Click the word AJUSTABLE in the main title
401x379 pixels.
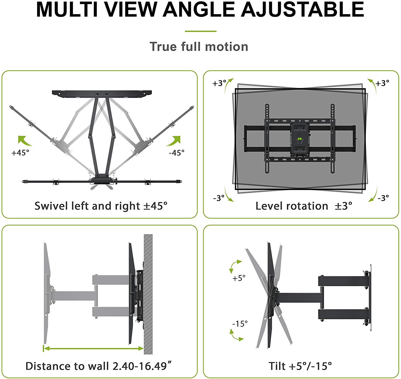(303, 10)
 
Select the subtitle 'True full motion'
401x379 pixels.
(199, 47)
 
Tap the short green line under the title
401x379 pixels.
(200, 31)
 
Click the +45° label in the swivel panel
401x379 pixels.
(20, 153)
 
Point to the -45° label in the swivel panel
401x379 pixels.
(177, 153)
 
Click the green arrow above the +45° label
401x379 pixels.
(24, 140)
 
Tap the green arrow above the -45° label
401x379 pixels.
(174, 140)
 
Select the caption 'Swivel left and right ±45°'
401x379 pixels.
(101, 206)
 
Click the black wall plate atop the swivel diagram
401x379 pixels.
(102, 94)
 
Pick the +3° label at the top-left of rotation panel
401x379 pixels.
(219, 83)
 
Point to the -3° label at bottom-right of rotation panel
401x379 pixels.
(383, 198)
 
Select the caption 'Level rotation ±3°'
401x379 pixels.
(304, 206)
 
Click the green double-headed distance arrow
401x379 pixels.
(94, 348)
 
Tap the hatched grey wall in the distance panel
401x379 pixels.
(148, 294)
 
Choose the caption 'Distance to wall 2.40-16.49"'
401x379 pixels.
(98, 366)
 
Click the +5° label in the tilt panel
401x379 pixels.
(239, 278)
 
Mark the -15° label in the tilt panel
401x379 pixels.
(240, 324)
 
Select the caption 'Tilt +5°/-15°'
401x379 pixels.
(300, 366)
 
